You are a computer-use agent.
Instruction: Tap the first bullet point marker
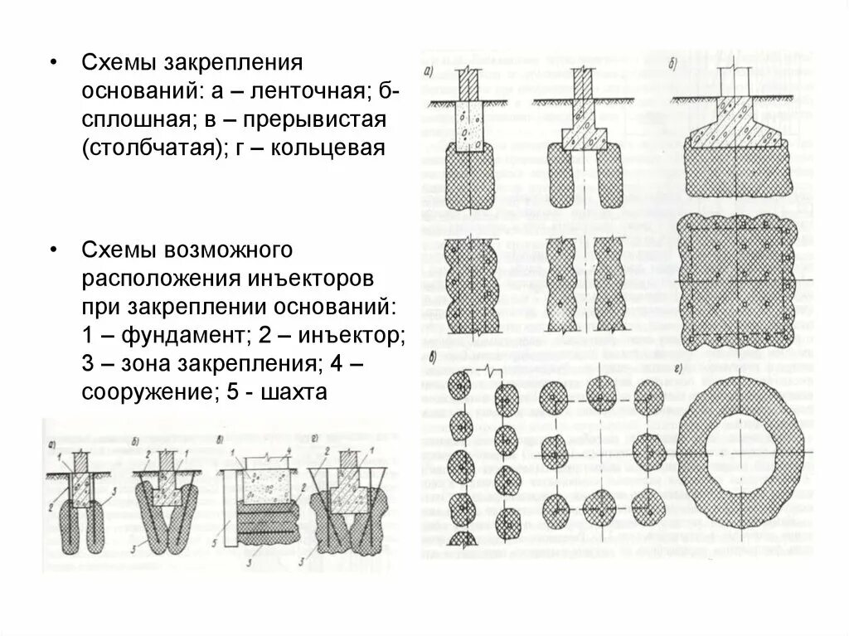pos(54,63)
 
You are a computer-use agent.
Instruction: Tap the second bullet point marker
pos(54,250)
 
